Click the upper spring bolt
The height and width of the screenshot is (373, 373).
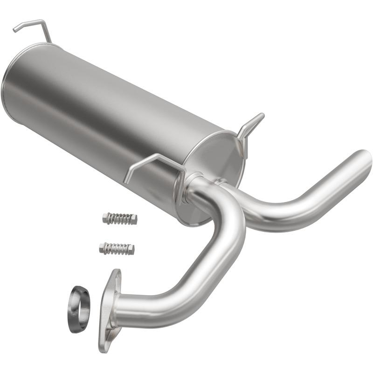(119, 218)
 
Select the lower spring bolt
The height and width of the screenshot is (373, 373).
(117, 248)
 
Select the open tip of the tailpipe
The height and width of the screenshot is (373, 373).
(364, 161)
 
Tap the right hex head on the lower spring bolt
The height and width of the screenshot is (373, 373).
(130, 250)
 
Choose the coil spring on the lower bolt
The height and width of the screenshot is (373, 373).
(116, 248)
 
